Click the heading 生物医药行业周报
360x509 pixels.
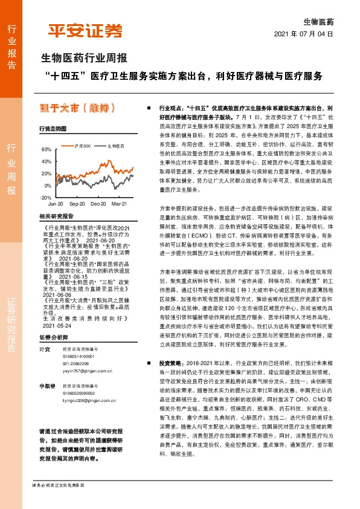(x=83, y=59)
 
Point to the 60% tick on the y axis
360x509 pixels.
(x=47, y=149)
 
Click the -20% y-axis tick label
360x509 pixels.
(x=45, y=198)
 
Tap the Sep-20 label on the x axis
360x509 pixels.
(x=77, y=205)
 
